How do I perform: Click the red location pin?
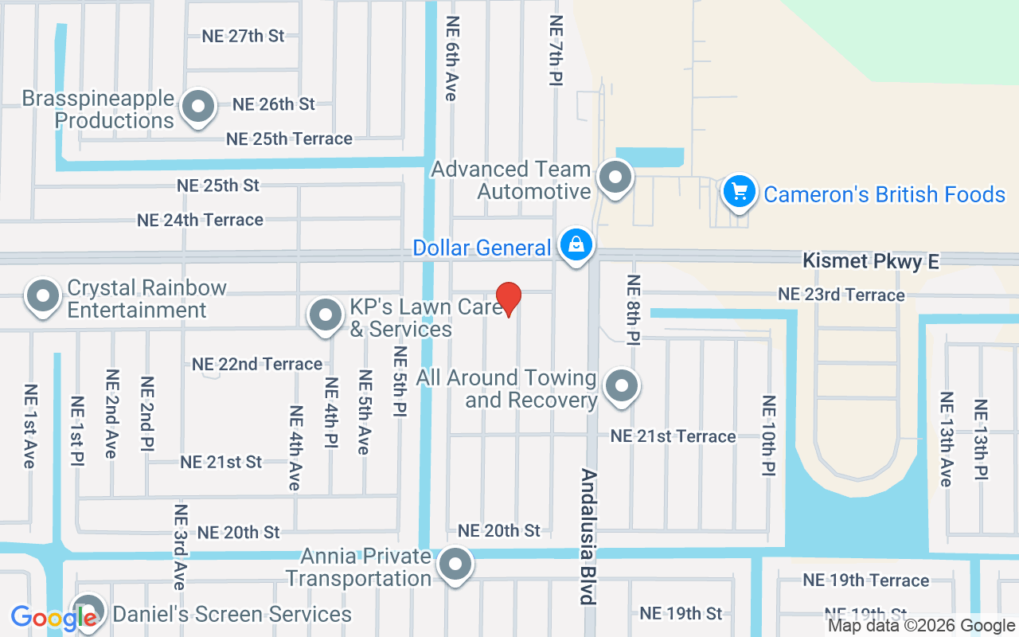pyautogui.click(x=508, y=299)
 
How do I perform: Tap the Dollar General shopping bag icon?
pyautogui.click(x=575, y=244)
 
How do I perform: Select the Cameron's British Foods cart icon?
pyautogui.click(x=740, y=192)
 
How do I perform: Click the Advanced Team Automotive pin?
pyautogui.click(x=615, y=178)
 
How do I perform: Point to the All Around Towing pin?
pyautogui.click(x=622, y=386)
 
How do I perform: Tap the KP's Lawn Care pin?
pyautogui.click(x=325, y=315)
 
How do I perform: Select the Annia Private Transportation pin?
pyautogui.click(x=455, y=565)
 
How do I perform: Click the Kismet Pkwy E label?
pyautogui.click(x=871, y=261)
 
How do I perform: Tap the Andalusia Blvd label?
pyautogui.click(x=588, y=537)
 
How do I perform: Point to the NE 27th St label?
pyautogui.click(x=243, y=36)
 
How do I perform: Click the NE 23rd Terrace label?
pyautogui.click(x=841, y=295)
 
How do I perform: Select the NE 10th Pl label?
pyautogui.click(x=768, y=436)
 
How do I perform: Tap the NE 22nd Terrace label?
pyautogui.click(x=257, y=364)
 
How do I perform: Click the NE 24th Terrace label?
pyautogui.click(x=200, y=220)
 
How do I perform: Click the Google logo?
pyautogui.click(x=53, y=617)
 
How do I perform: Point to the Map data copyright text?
pyautogui.click(x=921, y=626)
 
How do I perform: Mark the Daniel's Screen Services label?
pyautogui.click(x=232, y=614)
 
